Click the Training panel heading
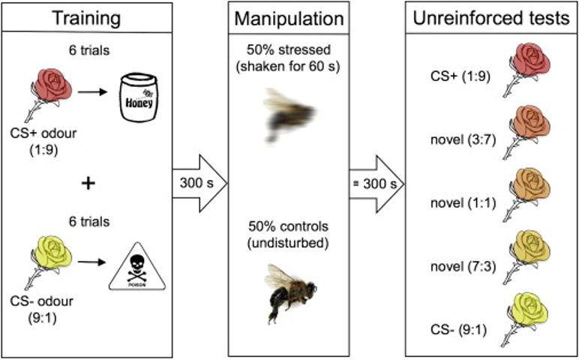(87, 18)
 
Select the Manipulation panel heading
(289, 19)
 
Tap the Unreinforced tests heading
(491, 18)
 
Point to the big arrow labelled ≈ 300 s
(376, 184)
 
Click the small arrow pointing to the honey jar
(92, 91)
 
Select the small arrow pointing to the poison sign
(92, 262)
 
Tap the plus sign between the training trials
(88, 184)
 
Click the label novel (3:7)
(463, 140)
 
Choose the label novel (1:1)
(463, 202)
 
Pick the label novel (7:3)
(463, 266)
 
